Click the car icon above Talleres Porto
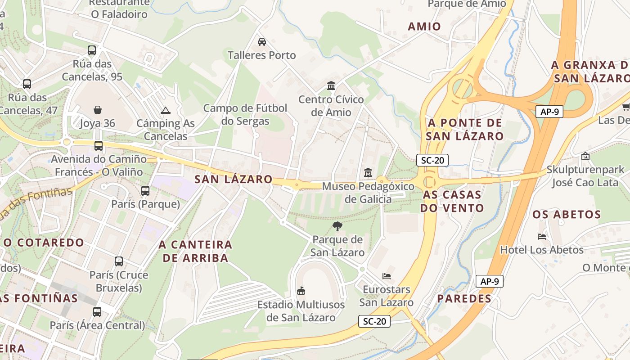tap(261, 42)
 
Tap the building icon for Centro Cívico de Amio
tap(331, 85)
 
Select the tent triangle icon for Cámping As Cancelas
tap(166, 110)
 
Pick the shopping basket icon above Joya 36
tap(98, 110)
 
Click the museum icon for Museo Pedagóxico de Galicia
tap(368, 172)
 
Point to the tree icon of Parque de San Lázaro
tap(337, 226)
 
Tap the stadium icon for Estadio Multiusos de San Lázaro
tap(301, 291)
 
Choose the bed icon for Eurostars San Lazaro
tap(386, 276)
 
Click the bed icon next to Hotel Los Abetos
tap(542, 236)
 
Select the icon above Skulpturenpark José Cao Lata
tap(585, 157)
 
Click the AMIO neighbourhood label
tap(424, 27)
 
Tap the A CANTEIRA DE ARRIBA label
tap(195, 251)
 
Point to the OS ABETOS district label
tap(567, 214)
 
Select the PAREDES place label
tap(464, 298)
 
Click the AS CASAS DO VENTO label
tap(452, 201)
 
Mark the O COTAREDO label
tap(44, 243)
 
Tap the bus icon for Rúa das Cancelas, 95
tap(92, 50)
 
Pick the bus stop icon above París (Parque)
tap(145, 191)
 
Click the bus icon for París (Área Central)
tap(97, 311)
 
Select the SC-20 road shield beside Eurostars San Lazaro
tap(374, 321)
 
